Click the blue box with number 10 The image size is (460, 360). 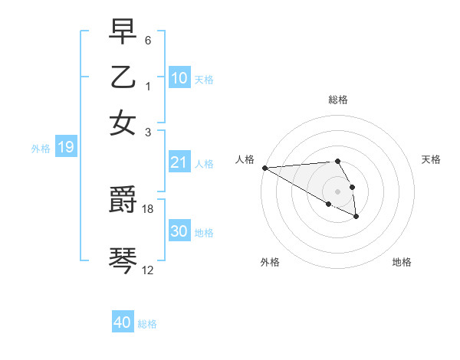click(x=179, y=78)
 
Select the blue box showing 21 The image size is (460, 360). click(x=179, y=162)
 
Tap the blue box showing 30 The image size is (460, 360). click(x=179, y=231)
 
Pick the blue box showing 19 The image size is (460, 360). click(x=65, y=147)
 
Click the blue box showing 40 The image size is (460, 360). click(x=123, y=322)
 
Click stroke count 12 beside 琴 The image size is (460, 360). click(x=148, y=270)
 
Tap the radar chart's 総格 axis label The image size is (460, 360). click(x=338, y=100)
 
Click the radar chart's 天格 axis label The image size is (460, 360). click(x=432, y=159)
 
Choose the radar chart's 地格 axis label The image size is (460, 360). click(x=402, y=262)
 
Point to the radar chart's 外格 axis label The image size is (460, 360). click(x=270, y=262)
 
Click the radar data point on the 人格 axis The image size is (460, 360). click(x=264, y=168)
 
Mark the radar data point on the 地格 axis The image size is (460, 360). click(x=356, y=218)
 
